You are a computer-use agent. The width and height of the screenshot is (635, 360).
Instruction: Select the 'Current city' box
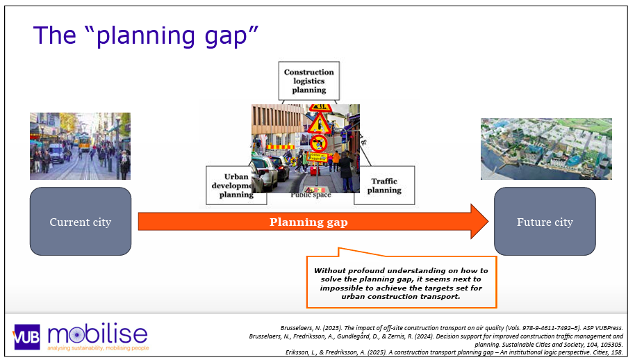(x=80, y=222)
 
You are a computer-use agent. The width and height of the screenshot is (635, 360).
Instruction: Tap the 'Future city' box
(x=545, y=222)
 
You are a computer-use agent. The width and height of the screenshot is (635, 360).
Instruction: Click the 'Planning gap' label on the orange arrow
(x=308, y=222)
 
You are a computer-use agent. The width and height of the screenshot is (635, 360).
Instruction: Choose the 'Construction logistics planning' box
(x=309, y=81)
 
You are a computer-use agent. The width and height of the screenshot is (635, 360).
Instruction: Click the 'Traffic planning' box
(x=384, y=185)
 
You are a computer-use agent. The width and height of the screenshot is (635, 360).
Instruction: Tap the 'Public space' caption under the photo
(x=311, y=195)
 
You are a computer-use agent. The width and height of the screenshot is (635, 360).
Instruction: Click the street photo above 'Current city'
(x=80, y=146)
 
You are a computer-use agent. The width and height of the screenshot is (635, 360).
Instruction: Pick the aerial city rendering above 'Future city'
(x=546, y=149)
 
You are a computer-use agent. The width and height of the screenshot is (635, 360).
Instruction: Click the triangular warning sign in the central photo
(x=320, y=124)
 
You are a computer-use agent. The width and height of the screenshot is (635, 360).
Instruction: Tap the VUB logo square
(x=26, y=336)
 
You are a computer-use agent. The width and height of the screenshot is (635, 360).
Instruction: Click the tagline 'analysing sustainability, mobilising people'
(x=97, y=347)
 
